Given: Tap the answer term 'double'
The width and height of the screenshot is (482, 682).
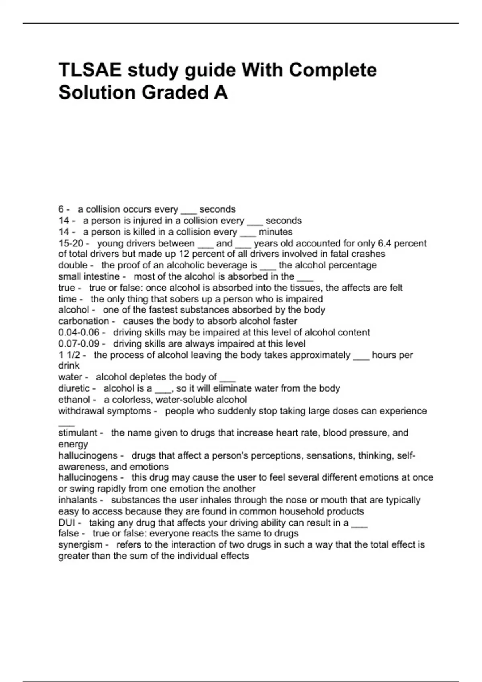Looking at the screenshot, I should pos(72,265).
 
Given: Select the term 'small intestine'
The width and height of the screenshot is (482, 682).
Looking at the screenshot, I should pos(89,276).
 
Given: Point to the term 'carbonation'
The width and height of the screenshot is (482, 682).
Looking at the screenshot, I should pos(83,321).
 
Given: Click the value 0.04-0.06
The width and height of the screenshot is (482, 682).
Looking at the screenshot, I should pos(79,332).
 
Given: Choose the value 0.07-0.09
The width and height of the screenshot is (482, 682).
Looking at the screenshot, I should pos(79,344).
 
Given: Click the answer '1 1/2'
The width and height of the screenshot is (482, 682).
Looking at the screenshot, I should pos(69,355).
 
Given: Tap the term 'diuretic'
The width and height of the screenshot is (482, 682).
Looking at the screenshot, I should pos(74,388).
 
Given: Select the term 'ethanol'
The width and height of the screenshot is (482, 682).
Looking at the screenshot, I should pos(74,400).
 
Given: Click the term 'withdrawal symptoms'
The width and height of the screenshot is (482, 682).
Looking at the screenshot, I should pos(104,411).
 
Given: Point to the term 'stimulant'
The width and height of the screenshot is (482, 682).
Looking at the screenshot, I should pos(78,433).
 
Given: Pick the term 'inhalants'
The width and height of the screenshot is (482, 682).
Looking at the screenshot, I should pos(78,500).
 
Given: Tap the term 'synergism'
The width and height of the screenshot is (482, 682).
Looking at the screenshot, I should pos(80,545).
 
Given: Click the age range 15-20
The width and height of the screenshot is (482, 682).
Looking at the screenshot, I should pos(70,243).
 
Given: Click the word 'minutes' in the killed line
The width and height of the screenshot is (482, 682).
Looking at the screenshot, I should pos(276,232).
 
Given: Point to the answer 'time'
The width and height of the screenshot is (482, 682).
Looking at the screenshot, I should pos(67,299).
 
